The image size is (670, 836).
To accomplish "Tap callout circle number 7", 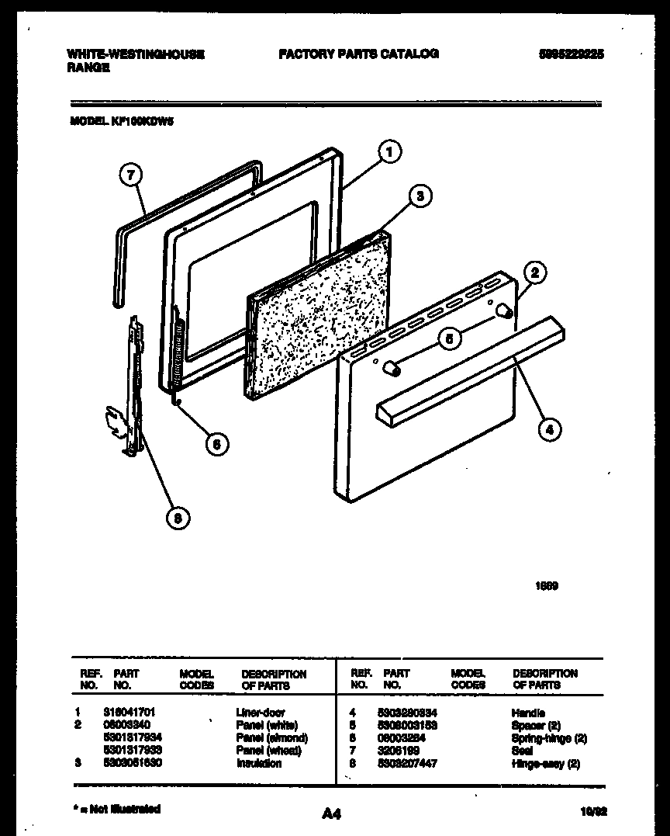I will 132,175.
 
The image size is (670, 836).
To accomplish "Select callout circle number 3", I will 420,197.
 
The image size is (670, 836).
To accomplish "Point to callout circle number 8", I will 178,519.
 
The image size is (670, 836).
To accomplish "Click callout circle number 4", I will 550,429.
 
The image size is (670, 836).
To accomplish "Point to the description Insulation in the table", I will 259,763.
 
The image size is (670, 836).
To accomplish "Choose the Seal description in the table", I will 522,751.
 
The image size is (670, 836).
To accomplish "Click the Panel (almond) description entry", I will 271,738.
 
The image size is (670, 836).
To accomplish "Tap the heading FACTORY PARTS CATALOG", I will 358,54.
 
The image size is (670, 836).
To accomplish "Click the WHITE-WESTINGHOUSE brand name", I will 136,54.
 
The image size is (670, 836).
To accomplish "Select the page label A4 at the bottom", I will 331,813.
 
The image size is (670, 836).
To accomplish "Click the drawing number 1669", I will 547,586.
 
